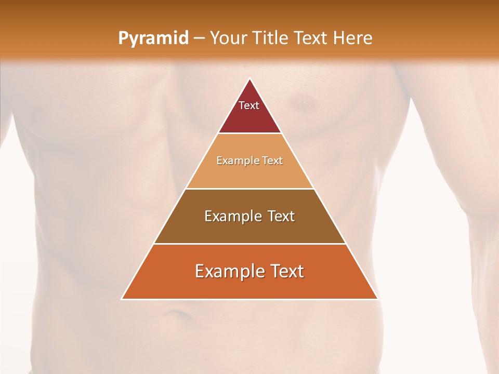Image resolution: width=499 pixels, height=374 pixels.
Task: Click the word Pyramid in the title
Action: point(153,38)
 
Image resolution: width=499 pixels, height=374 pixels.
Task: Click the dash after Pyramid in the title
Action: point(199,38)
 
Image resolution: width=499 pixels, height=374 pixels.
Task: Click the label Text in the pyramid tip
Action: point(249,105)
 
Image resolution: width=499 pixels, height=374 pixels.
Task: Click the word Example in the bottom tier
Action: point(228,271)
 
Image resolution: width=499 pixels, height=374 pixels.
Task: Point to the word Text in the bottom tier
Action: point(284,271)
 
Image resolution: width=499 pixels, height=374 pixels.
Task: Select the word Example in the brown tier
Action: point(232,216)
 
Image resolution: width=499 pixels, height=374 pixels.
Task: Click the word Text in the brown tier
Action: point(279,216)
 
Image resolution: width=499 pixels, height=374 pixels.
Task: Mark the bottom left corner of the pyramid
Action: point(122,299)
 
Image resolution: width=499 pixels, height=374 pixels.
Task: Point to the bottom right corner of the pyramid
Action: point(378,299)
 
